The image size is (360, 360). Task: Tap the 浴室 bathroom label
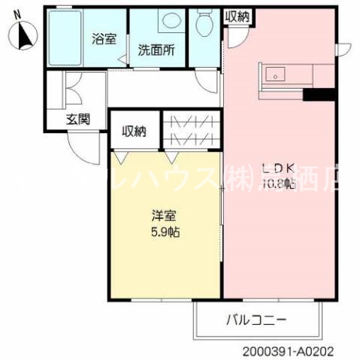(x=104, y=38)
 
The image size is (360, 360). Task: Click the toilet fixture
(x=204, y=26)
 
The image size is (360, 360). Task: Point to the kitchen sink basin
(x=276, y=74)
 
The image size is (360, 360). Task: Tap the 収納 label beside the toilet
(x=239, y=17)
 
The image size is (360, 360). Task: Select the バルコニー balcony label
(x=256, y=320)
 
